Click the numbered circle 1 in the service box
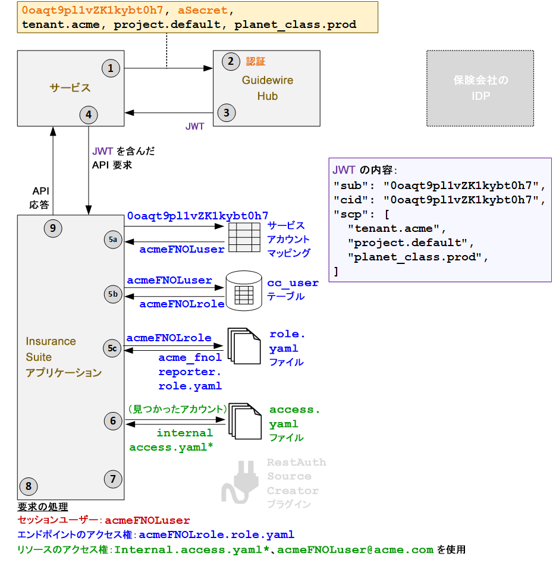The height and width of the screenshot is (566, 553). point(110,68)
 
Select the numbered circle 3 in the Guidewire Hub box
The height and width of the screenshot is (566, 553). point(226,112)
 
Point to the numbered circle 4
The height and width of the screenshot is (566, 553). point(89,114)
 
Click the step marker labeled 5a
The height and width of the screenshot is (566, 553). point(112,240)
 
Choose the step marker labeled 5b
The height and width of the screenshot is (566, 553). point(112,294)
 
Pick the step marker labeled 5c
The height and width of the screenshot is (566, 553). point(112,348)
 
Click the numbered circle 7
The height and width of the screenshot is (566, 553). point(112,478)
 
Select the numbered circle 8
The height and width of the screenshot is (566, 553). point(29,486)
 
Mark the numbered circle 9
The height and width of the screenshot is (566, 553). point(53,228)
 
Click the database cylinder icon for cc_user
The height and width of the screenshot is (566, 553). point(244,291)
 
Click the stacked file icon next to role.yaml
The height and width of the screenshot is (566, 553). point(244,346)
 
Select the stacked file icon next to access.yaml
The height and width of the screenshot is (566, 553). point(244,421)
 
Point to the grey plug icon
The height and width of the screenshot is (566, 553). point(240,483)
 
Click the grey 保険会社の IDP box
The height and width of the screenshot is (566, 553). point(480,88)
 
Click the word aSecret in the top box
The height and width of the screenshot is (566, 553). point(202,10)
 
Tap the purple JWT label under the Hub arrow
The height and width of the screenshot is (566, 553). point(195,126)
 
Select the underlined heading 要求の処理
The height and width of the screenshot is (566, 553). point(43,507)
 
